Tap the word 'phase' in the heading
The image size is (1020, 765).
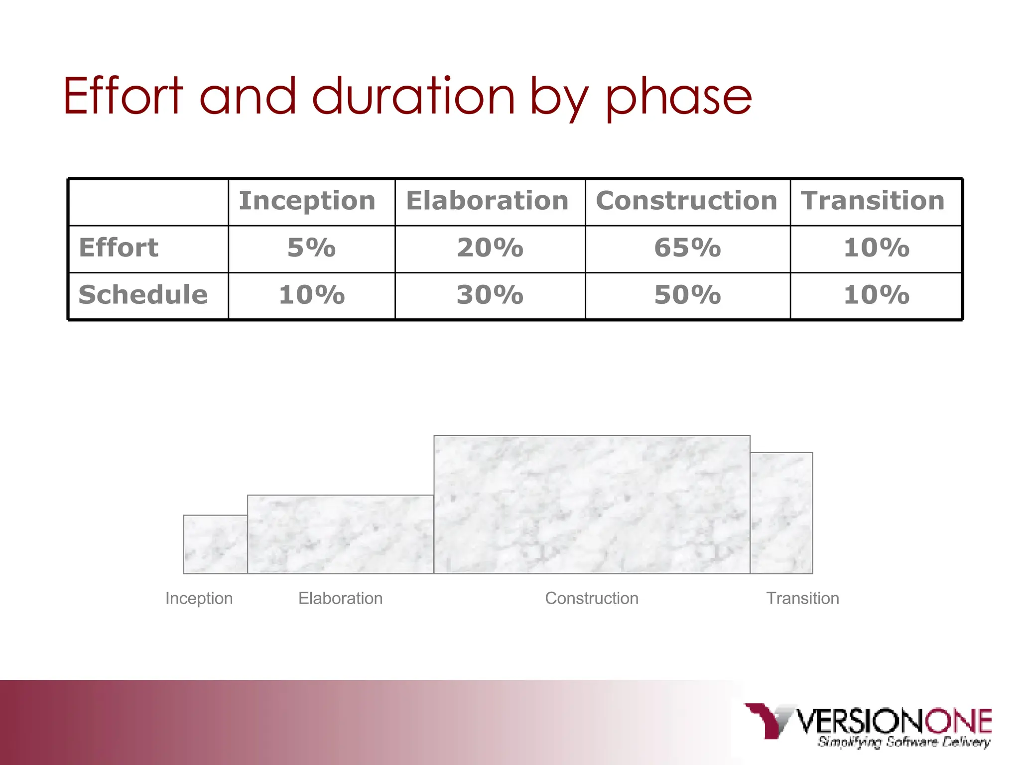[x=678, y=98]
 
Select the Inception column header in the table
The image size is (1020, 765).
[x=307, y=201]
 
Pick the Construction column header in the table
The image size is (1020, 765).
[x=686, y=201]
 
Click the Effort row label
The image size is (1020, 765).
[x=119, y=248]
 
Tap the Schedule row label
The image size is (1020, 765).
[x=143, y=295]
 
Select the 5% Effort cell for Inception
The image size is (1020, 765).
[x=312, y=248]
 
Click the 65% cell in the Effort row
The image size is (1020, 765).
[x=687, y=248]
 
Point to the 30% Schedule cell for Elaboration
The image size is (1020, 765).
[x=490, y=295]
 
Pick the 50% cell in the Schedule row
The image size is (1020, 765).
[x=687, y=295]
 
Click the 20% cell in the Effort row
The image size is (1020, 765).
[x=490, y=248]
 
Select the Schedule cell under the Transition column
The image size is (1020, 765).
[x=876, y=295]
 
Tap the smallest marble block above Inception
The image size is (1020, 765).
[x=215, y=544]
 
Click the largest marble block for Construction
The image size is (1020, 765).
[x=592, y=505]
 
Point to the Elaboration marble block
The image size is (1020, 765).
[x=340, y=534]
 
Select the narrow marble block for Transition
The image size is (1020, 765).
[x=781, y=513]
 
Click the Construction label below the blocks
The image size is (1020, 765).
[x=592, y=598]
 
